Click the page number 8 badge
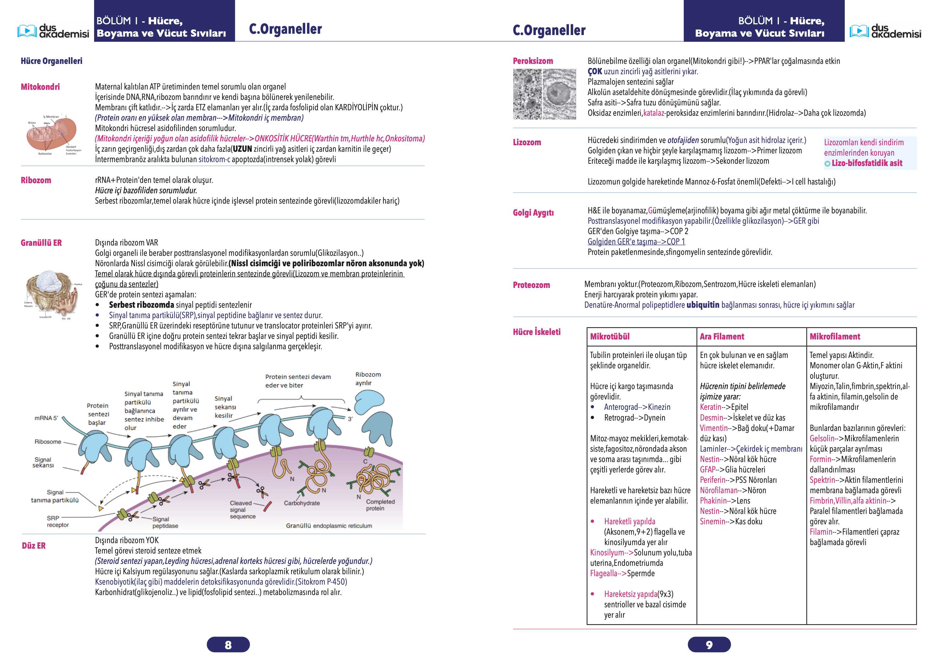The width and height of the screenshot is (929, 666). [x=228, y=645]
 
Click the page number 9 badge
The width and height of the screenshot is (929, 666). [x=709, y=645]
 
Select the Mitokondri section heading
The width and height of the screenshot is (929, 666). [x=40, y=87]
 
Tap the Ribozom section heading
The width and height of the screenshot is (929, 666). [x=36, y=180]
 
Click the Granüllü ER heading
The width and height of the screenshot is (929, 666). [x=42, y=243]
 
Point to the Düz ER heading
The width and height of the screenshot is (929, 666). [x=34, y=546]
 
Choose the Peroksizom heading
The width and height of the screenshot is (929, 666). [x=533, y=61]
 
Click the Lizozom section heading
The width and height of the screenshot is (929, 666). [x=527, y=142]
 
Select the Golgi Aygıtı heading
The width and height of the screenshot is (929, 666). [x=533, y=213]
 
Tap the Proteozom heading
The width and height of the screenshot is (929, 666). [x=531, y=285]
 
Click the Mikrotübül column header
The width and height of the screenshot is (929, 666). [x=609, y=337]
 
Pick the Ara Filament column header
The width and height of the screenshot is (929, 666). [x=722, y=337]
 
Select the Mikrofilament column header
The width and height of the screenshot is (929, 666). [x=835, y=337]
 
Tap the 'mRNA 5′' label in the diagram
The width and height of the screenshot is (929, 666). [x=46, y=418]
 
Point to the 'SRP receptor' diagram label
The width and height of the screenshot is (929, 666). [x=58, y=521]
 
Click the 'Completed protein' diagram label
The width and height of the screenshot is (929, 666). [x=380, y=505]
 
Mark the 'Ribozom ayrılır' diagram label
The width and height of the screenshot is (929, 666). [x=368, y=379]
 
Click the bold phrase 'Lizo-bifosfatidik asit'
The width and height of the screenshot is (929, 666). [x=867, y=163]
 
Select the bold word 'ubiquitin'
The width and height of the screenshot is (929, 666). [x=703, y=305]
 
